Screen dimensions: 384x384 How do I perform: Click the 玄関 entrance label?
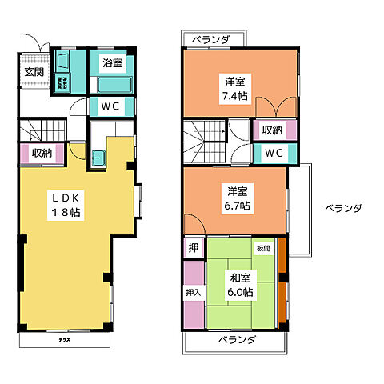point(34,71)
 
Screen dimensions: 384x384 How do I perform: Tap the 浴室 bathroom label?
point(111,62)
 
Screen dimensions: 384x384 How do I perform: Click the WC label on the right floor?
point(274,152)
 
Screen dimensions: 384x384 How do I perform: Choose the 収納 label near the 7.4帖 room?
point(273,129)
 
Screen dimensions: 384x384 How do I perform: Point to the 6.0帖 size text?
point(239,292)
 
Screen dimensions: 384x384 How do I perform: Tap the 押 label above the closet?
point(193,248)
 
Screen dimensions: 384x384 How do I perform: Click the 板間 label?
point(263,248)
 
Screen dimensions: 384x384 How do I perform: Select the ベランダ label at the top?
point(211,38)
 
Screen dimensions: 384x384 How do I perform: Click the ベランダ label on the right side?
point(343,208)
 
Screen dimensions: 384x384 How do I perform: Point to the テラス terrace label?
point(63,339)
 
